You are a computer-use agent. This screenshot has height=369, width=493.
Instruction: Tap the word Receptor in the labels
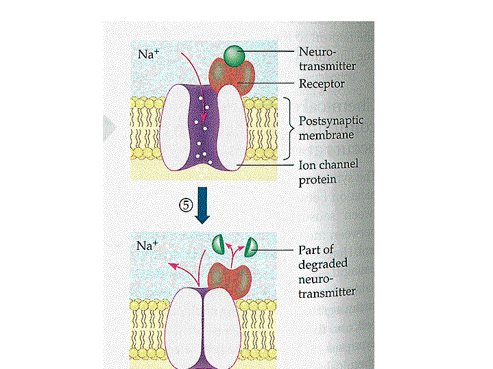[x=322, y=84]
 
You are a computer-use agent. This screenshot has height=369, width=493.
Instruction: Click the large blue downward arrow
[x=202, y=209]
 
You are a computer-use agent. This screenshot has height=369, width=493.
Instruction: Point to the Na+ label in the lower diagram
[x=147, y=245]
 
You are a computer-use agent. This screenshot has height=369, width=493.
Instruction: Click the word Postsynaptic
[x=331, y=121]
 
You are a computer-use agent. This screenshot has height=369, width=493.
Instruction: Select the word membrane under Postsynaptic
[x=326, y=135]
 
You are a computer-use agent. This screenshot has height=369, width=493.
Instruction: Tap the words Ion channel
[x=328, y=165]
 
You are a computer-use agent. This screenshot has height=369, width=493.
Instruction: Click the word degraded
[x=323, y=264]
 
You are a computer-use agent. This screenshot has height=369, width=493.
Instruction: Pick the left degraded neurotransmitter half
[x=219, y=242]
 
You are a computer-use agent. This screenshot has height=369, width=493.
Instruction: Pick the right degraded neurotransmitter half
[x=251, y=243]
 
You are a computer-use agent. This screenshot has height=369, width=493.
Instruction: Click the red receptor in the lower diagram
[x=230, y=279]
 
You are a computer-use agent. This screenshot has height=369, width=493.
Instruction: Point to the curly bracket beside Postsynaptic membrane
[x=289, y=128]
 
